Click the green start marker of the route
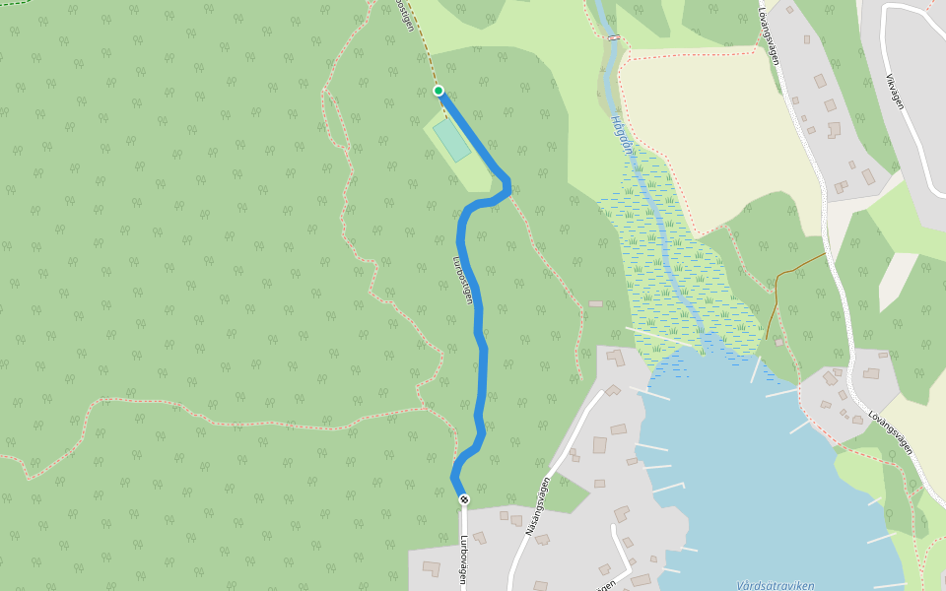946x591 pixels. click(x=439, y=91)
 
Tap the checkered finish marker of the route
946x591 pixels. click(x=464, y=499)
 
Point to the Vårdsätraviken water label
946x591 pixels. click(x=775, y=585)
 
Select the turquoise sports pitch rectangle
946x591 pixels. click(x=451, y=141)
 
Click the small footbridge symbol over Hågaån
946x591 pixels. click(x=614, y=37)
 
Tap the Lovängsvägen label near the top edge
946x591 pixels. click(x=770, y=36)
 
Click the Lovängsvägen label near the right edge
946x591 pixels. click(x=891, y=432)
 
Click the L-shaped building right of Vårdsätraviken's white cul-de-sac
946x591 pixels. click(x=622, y=514)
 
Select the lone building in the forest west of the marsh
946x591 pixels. click(x=595, y=303)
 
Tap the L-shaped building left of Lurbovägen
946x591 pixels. click(x=432, y=568)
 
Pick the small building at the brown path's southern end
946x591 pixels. click(x=779, y=343)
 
